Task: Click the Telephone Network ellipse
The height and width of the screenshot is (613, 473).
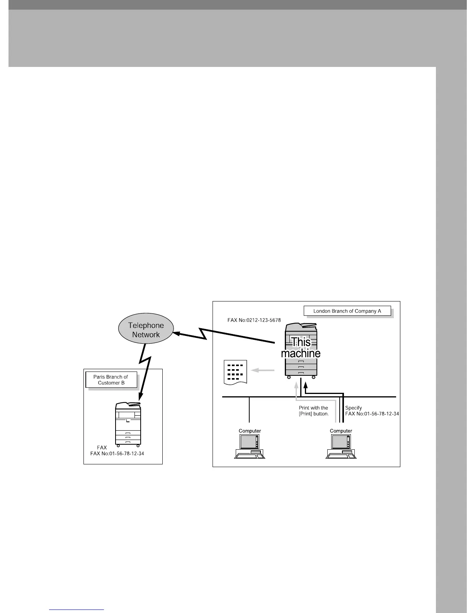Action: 146,330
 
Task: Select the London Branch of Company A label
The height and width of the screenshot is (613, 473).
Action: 347,311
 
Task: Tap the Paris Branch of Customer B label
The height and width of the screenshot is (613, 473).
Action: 111,380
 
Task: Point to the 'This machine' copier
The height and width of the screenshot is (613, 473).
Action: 301,350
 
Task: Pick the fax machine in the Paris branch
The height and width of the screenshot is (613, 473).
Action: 128,424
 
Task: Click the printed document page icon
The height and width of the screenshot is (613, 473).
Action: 235,372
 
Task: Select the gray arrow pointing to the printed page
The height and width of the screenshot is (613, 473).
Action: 262,370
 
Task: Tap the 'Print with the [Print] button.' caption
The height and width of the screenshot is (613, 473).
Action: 313,411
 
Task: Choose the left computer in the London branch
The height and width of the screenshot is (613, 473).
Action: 250,447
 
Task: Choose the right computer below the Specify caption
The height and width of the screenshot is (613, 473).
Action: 341,447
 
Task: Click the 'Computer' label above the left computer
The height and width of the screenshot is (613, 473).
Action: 250,431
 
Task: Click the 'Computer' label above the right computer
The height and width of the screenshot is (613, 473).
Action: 341,431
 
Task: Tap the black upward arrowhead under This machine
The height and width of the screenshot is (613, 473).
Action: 305,384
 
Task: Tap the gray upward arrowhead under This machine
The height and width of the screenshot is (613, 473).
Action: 296,384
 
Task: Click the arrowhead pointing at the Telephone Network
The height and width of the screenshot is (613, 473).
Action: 177,333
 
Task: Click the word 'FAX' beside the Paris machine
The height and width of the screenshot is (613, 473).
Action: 102,447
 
